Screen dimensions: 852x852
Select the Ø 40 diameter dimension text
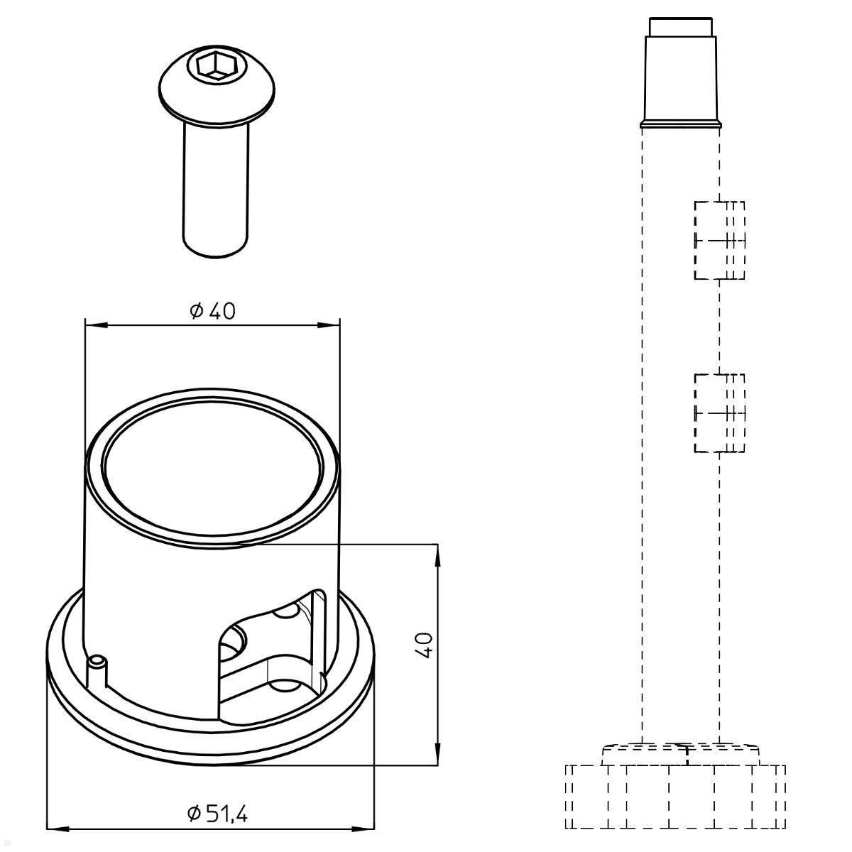(212, 310)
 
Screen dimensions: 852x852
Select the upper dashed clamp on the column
(719, 240)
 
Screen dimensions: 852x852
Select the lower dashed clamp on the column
(719, 413)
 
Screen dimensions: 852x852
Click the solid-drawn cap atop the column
(681, 78)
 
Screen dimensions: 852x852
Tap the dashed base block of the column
(674, 796)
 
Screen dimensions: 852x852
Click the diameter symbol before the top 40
(197, 310)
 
